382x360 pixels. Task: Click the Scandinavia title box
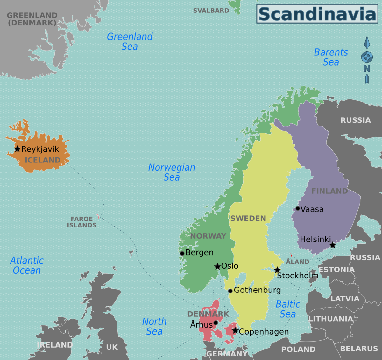tap(317, 14)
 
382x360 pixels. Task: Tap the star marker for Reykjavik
tap(17, 149)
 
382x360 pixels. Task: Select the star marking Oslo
tap(217, 266)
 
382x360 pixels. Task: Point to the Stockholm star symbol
tap(277, 270)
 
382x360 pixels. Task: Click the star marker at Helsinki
tap(333, 245)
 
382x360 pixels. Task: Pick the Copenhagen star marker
tap(235, 331)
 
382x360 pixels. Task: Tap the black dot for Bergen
tap(182, 253)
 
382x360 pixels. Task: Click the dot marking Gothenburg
tap(230, 291)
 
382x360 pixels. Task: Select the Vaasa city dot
tap(298, 208)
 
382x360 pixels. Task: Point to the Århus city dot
tap(216, 323)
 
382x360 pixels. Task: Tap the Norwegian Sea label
tap(172, 172)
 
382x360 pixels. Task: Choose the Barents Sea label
tap(331, 57)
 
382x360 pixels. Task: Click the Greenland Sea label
tap(130, 41)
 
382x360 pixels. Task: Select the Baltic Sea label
tap(288, 309)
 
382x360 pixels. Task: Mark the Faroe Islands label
tap(81, 222)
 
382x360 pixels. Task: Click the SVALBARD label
tap(211, 11)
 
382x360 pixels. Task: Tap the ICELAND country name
tap(43, 160)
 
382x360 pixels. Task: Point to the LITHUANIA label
tap(331, 319)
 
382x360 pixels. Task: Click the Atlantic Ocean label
tap(27, 265)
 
